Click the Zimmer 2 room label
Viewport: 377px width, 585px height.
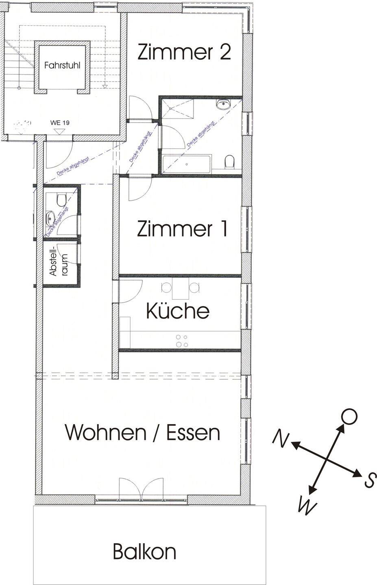[x=184, y=52]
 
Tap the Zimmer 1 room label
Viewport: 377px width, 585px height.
[x=182, y=229]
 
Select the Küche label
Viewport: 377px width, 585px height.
[x=177, y=311]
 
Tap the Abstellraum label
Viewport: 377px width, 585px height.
[x=58, y=263]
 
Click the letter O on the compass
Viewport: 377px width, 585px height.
[x=349, y=417]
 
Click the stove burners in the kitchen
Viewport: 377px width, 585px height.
[x=181, y=340]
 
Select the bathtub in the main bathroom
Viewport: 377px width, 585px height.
[x=186, y=164]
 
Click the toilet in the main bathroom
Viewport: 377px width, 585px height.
[x=229, y=162]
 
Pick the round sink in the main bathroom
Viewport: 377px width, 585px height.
[x=223, y=105]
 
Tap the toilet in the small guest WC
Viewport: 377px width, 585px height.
[x=61, y=199]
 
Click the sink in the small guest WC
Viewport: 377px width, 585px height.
[x=50, y=217]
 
